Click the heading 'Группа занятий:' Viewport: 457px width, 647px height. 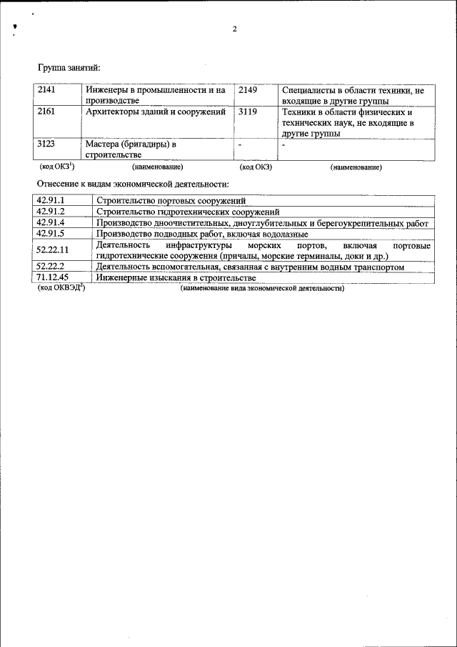(x=69, y=67)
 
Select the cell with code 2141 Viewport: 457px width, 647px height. (x=46, y=91)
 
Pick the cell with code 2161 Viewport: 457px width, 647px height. (x=46, y=112)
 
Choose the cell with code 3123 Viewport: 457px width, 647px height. (x=46, y=144)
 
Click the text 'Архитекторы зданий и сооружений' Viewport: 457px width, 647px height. (x=156, y=112)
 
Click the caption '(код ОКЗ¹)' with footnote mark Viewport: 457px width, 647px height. (x=56, y=167)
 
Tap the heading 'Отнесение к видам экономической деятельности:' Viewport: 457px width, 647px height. (x=133, y=184)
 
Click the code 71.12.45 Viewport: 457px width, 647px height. (x=52, y=277)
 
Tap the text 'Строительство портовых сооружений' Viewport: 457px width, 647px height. (x=170, y=201)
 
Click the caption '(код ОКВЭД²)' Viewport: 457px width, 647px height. (x=61, y=288)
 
